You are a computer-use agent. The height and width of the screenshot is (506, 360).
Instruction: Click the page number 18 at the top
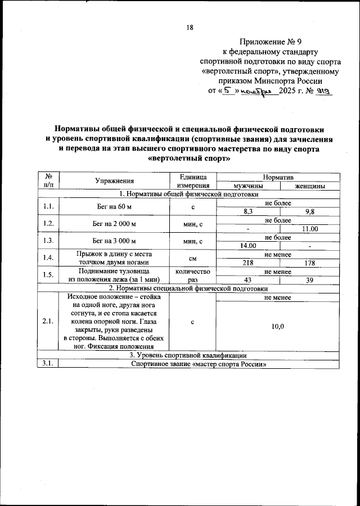[190, 28]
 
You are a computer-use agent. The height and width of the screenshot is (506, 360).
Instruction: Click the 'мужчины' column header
[248, 185]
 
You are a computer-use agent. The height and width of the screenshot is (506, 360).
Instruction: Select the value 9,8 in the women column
[309, 211]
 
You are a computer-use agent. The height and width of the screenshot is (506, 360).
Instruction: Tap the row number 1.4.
[48, 258]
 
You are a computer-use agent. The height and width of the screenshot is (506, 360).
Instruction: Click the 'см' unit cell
[193, 258]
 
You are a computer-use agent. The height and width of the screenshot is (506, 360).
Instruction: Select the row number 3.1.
[48, 364]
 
